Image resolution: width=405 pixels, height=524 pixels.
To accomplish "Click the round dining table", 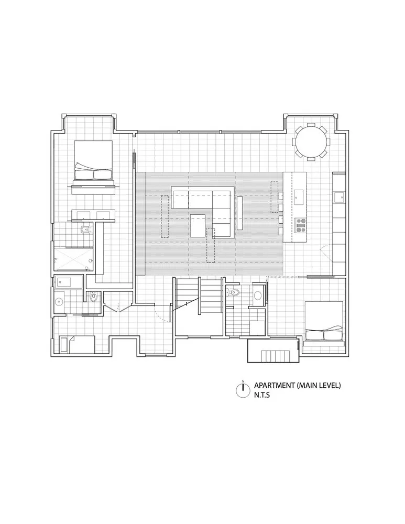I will click(312, 140).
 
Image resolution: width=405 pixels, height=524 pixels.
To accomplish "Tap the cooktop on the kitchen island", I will click(301, 225).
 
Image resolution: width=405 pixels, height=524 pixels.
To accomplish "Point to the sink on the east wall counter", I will click(338, 196).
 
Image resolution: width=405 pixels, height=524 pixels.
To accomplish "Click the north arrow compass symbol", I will click(243, 389).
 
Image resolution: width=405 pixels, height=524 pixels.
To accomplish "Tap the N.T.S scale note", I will click(264, 395).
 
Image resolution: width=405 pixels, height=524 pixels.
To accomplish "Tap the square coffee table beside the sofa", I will click(198, 226).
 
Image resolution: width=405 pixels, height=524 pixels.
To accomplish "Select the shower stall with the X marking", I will click(74, 259).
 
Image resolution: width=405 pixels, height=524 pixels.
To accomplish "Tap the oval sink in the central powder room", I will click(257, 296).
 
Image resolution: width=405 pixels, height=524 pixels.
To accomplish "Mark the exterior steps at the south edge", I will click(273, 355).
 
